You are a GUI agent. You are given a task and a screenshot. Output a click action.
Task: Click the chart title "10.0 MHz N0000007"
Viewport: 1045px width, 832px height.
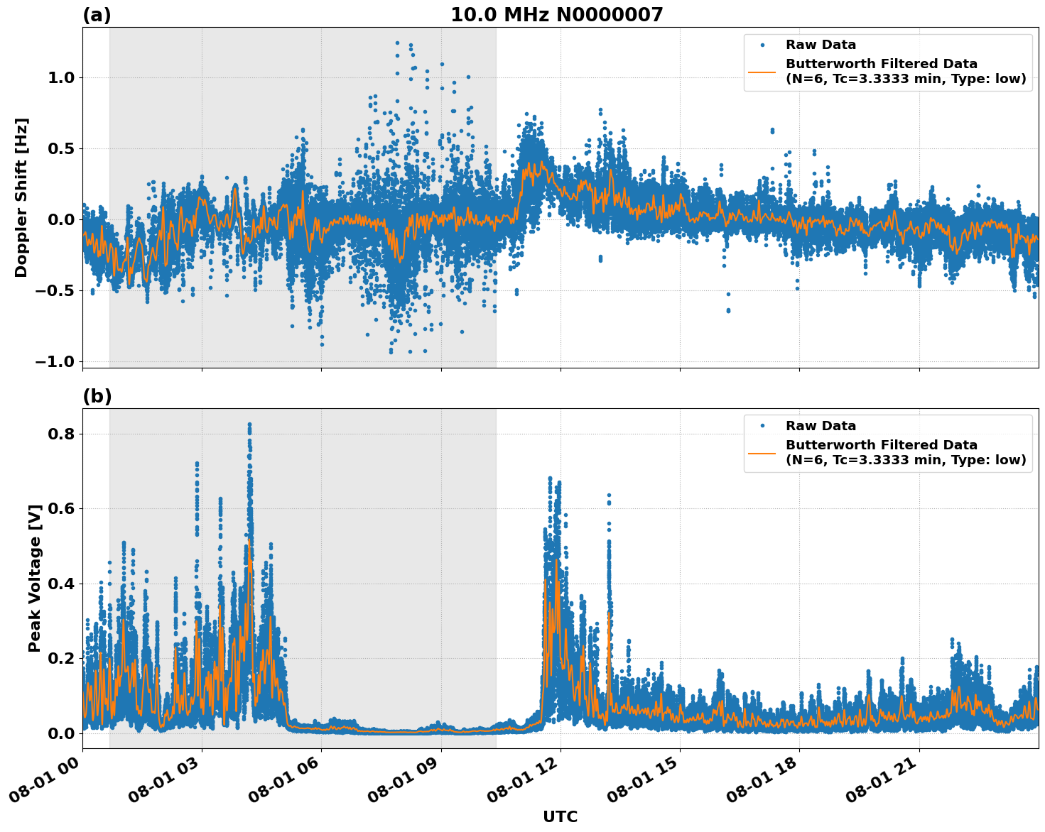pos(556,15)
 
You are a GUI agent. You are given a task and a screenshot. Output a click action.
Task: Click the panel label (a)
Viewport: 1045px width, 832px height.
pos(97,15)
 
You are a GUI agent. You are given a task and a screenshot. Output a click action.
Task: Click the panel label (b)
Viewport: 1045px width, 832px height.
pos(97,396)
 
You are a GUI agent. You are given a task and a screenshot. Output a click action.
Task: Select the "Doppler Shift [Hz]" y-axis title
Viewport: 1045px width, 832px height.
pos(21,197)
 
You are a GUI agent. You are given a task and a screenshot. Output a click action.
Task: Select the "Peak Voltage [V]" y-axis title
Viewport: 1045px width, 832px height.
pos(35,578)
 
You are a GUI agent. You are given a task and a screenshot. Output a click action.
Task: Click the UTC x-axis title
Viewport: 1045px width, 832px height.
pos(560,816)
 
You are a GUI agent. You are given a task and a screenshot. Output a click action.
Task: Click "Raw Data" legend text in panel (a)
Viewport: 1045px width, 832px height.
pos(821,45)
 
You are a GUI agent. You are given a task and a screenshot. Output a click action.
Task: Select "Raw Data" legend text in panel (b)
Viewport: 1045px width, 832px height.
pos(821,426)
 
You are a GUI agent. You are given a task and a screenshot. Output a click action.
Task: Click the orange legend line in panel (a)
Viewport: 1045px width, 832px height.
pos(762,72)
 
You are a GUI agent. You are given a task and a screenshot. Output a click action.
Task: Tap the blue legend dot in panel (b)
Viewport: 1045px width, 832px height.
pos(762,426)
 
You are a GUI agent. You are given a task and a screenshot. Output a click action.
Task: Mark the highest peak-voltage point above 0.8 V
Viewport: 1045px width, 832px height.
pos(249,424)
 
